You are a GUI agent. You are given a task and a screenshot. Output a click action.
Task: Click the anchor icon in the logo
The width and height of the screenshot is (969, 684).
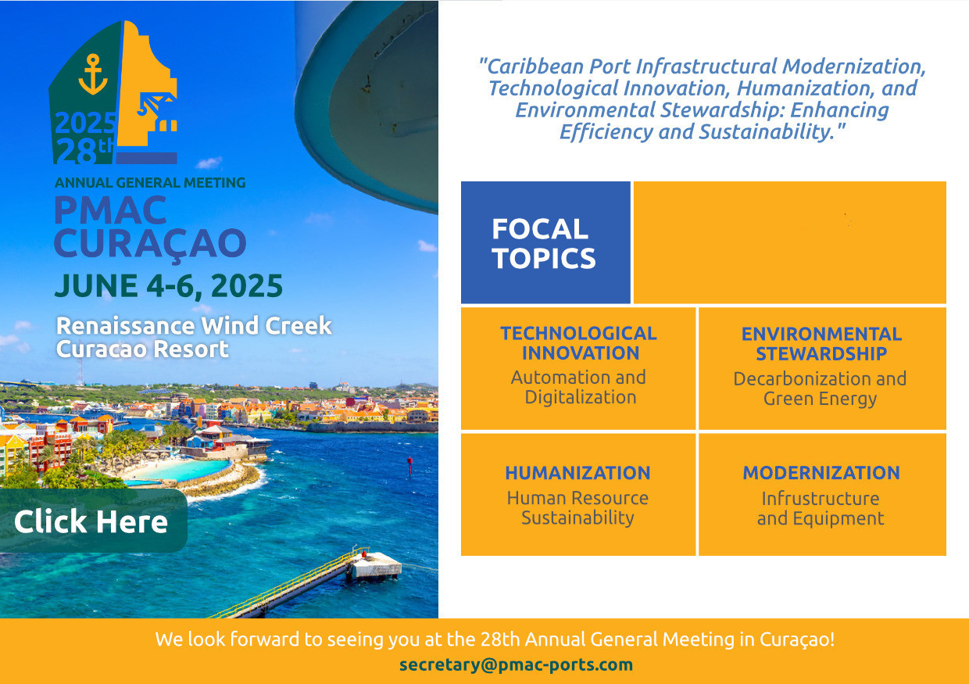(92, 74)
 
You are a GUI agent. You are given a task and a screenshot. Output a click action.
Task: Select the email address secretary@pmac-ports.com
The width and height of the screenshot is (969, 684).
(516, 664)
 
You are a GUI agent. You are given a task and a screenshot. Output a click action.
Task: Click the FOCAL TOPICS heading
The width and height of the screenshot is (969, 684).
(544, 243)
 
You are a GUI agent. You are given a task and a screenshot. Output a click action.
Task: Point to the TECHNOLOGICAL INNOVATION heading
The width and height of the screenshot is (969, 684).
(579, 343)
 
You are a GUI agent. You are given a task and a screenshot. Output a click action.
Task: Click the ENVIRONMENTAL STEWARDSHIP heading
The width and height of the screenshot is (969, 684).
(821, 344)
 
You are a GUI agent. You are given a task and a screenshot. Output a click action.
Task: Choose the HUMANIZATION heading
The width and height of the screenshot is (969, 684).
(578, 473)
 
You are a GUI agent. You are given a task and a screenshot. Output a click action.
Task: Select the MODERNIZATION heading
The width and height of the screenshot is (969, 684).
(821, 473)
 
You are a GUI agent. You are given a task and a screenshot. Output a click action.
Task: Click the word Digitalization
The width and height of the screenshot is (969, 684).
(581, 397)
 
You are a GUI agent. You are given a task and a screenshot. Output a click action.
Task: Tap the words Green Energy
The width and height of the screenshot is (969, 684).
(821, 399)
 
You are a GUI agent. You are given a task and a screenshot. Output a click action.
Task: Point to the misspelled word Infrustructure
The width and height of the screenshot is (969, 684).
(821, 499)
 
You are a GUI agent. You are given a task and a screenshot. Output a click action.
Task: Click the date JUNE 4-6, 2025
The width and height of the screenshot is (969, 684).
(169, 286)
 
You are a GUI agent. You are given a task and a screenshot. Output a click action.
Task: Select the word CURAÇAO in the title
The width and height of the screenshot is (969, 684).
(150, 245)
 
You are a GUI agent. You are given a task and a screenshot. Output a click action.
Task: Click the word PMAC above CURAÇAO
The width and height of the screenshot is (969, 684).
(111, 209)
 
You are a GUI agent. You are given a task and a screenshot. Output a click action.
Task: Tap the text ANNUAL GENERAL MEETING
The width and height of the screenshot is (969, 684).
(150, 183)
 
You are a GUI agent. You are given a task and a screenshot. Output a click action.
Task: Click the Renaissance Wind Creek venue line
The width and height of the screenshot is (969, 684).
(194, 325)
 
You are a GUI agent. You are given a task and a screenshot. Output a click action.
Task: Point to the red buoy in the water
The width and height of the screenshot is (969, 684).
(409, 467)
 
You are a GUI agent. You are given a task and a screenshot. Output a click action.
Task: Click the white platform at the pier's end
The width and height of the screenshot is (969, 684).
(377, 565)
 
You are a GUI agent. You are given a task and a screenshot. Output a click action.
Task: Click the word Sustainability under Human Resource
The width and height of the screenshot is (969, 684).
(578, 517)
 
